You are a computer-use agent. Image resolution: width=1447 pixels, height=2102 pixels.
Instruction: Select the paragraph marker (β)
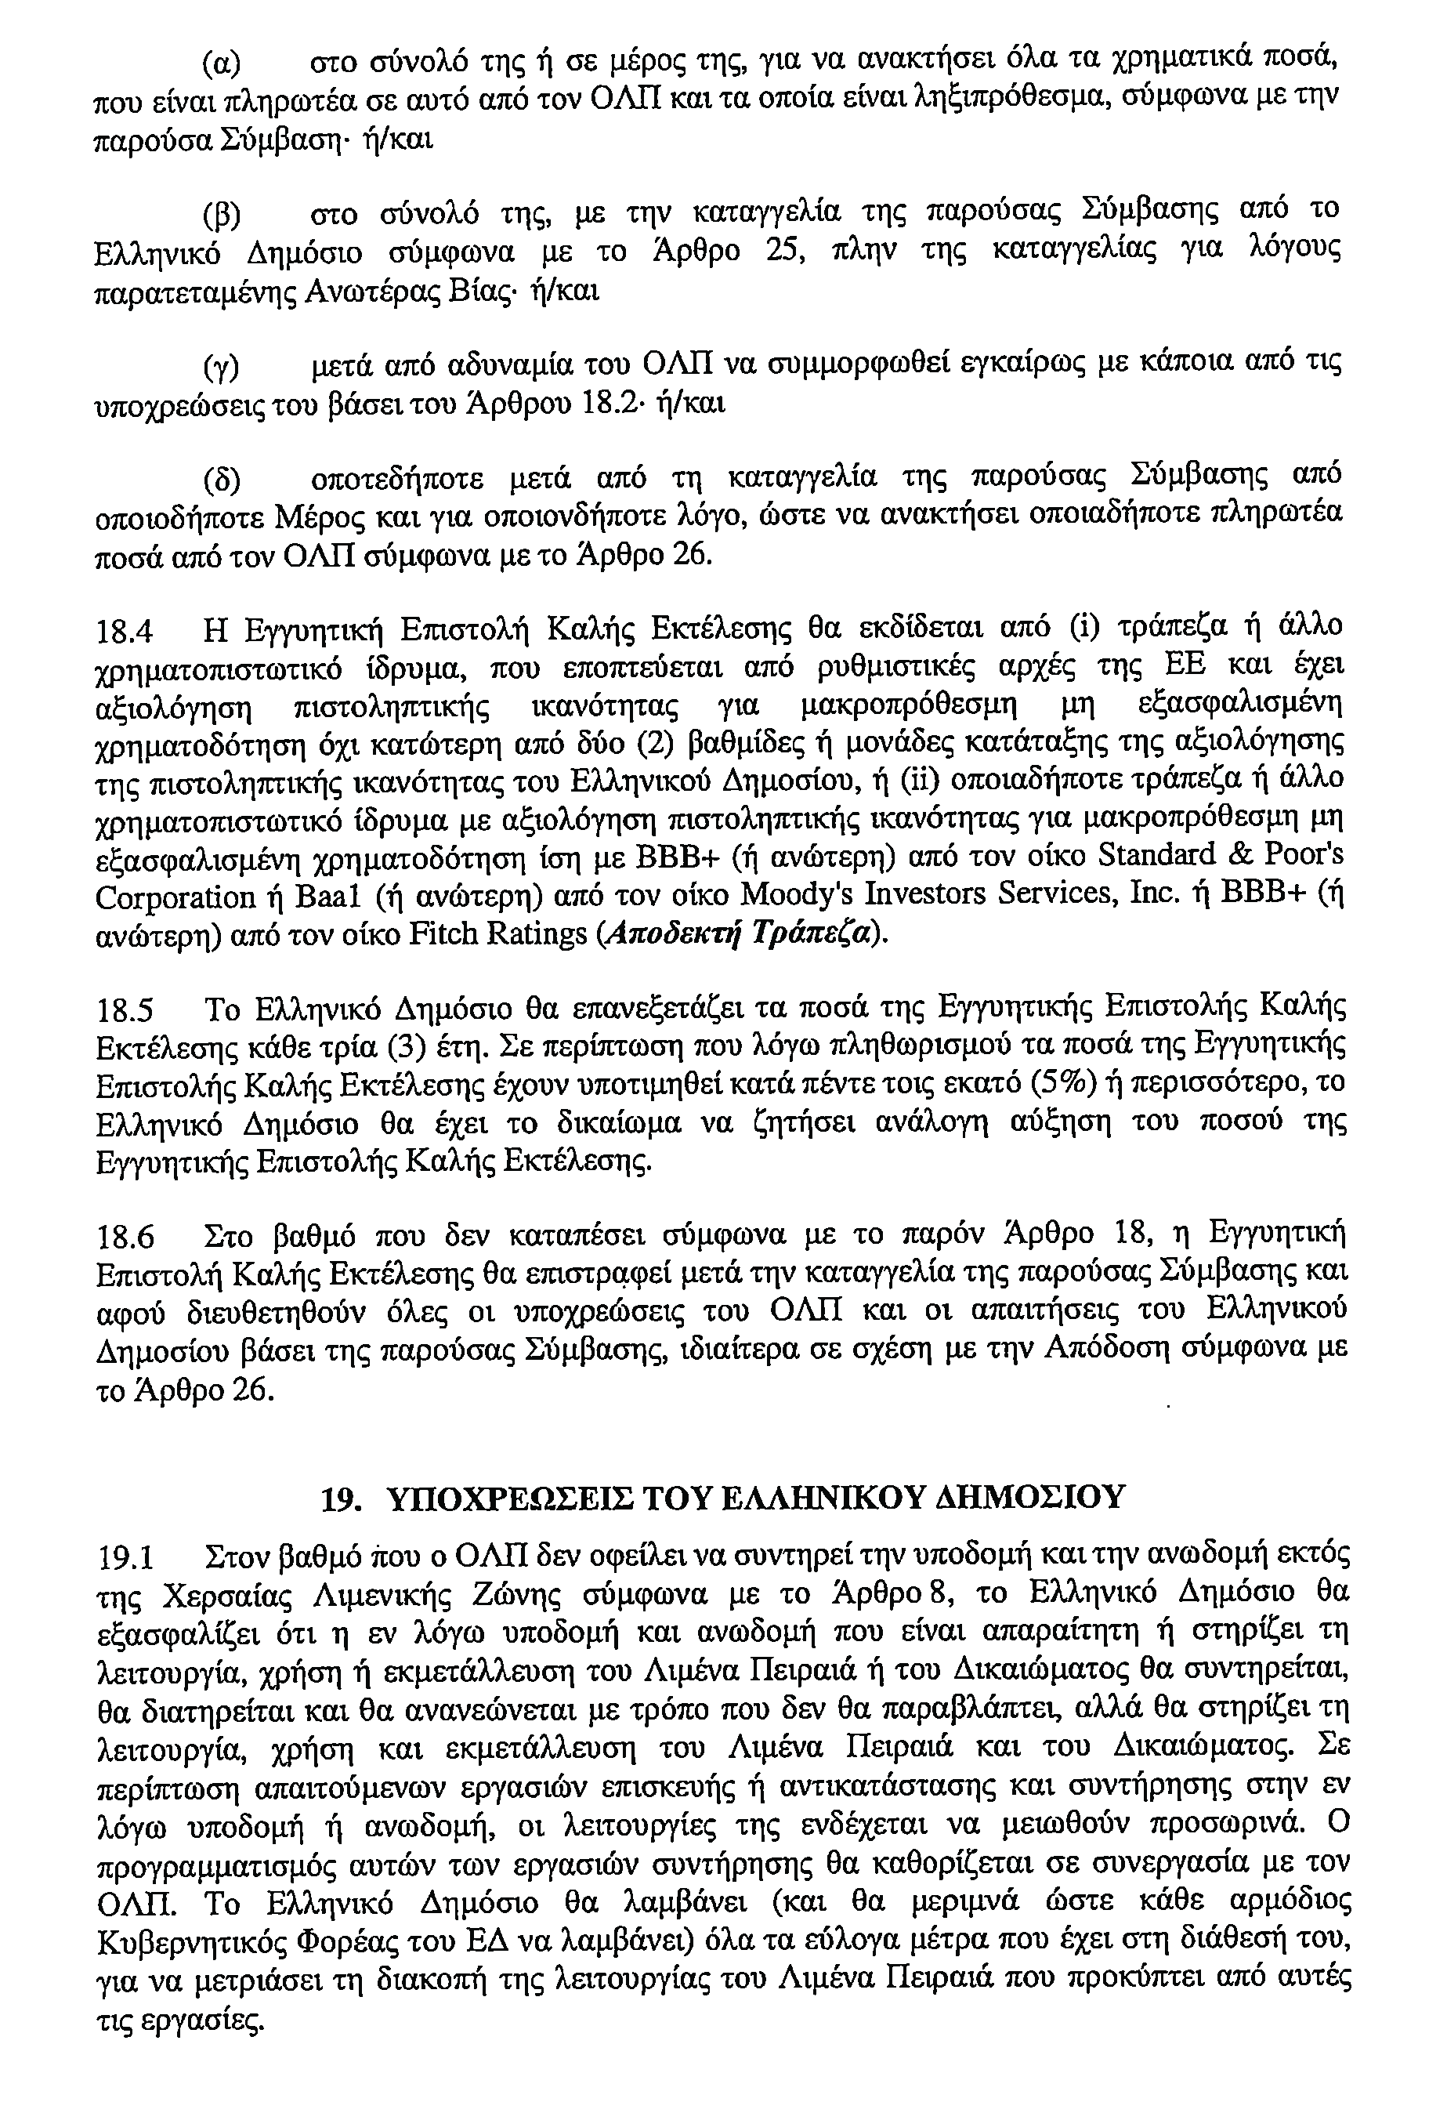click(221, 215)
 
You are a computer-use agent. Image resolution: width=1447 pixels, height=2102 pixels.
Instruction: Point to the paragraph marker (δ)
click(222, 479)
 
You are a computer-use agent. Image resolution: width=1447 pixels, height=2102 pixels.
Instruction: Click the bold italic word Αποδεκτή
click(675, 934)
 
